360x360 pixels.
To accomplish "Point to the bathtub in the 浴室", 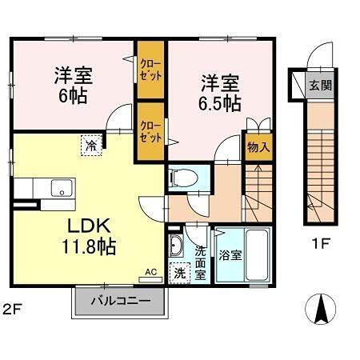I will [254, 254].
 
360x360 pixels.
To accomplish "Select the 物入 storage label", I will [258, 147].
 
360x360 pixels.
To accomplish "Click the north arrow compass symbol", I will [322, 309].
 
